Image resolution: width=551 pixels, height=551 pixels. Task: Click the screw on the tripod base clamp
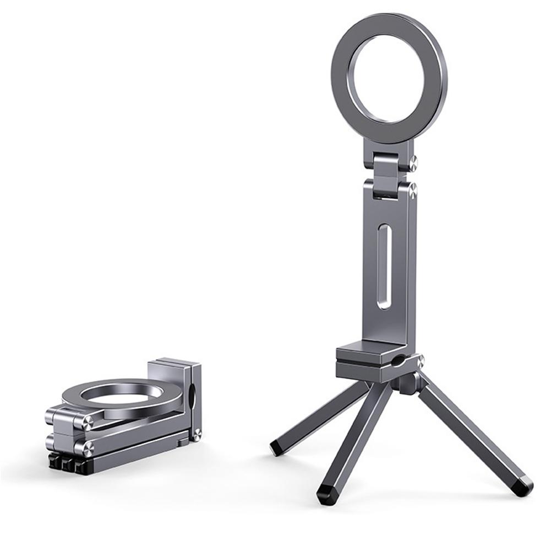(421, 361)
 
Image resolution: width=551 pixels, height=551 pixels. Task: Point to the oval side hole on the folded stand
(192, 397)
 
